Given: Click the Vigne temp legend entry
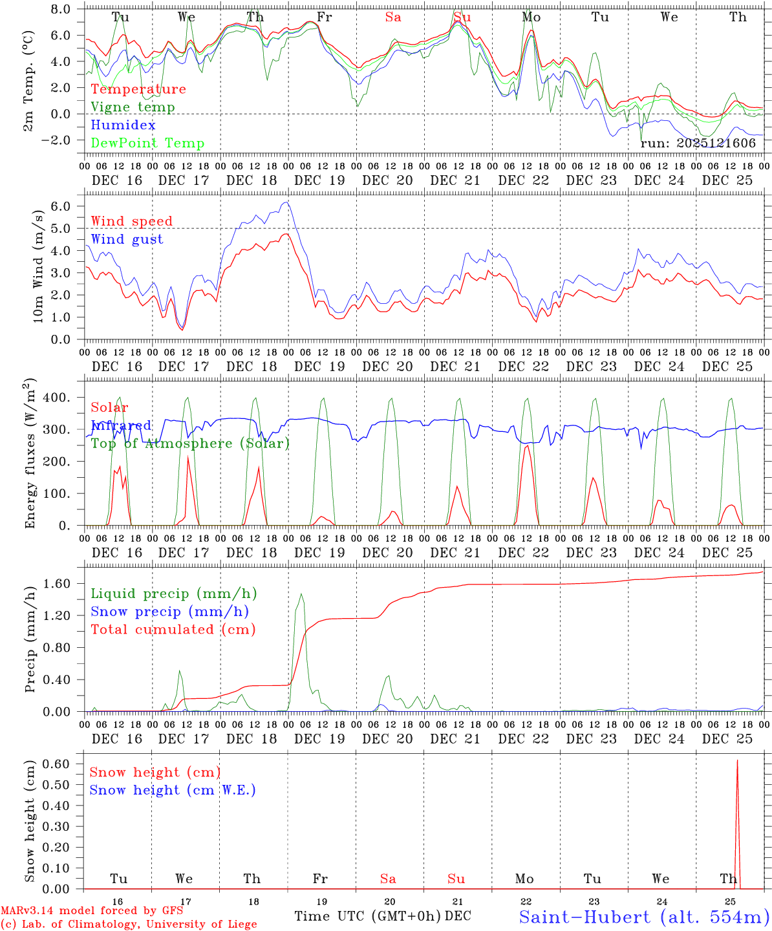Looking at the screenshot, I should tap(133, 107).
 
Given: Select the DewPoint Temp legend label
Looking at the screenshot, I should tap(147, 144).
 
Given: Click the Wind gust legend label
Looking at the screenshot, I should tap(127, 239).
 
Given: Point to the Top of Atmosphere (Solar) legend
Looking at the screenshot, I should tap(189, 444).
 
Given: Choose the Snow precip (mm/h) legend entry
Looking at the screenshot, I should tap(169, 612).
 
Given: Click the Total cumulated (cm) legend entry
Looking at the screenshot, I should tap(173, 630).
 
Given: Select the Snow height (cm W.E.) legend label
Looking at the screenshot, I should tap(173, 790).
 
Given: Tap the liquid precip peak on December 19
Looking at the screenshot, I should tap(301, 594).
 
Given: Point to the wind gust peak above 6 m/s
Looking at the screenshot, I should tap(287, 202).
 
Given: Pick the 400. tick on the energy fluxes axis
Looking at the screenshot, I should tap(63, 398).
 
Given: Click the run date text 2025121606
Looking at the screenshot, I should tap(698, 144).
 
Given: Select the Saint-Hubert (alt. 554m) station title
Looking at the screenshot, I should tap(643, 916).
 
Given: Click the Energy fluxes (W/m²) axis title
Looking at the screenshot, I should tap(30, 455).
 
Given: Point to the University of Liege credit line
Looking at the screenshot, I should tap(129, 925).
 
